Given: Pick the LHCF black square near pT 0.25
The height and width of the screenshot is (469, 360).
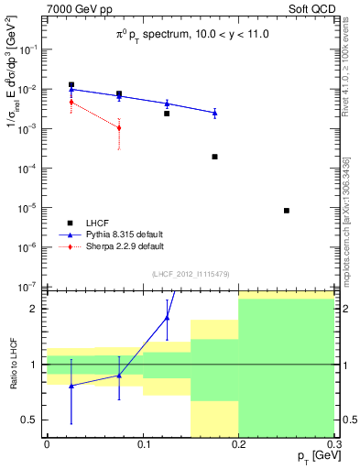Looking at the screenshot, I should point(287,211).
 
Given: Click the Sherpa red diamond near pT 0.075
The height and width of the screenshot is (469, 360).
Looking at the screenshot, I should point(119,127).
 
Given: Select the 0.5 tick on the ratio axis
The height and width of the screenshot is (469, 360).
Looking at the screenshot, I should point(33,420).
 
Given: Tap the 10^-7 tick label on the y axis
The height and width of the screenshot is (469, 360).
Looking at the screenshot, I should point(29,287).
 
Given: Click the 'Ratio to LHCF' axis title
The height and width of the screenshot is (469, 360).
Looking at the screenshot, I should point(11,364).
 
